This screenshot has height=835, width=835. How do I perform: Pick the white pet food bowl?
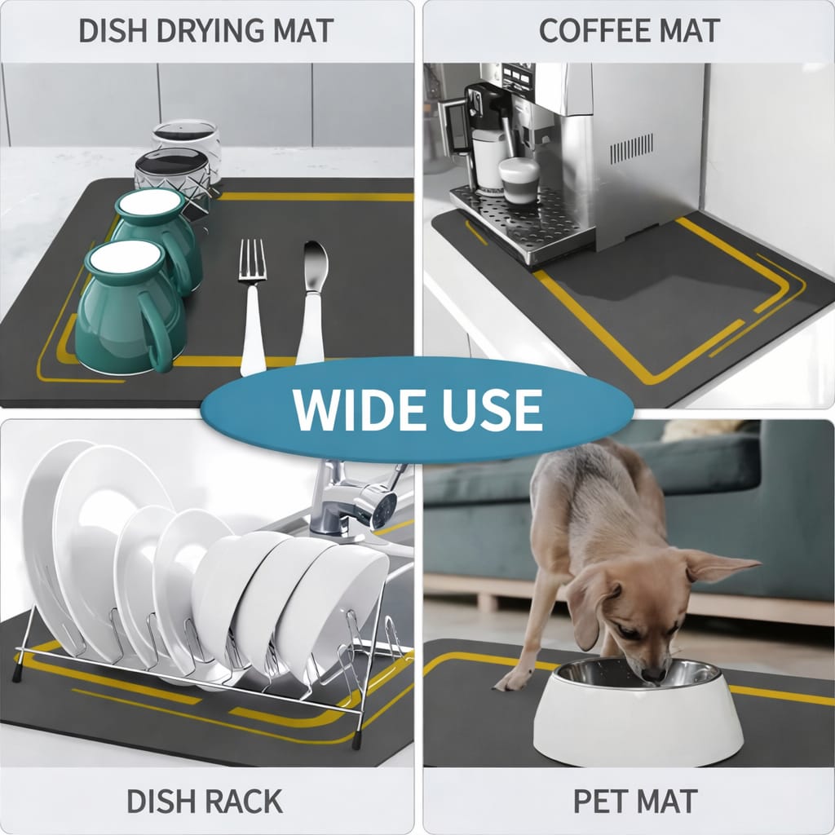638,718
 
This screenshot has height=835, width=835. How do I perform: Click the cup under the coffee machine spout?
519,180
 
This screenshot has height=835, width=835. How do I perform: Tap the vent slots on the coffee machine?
631,148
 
